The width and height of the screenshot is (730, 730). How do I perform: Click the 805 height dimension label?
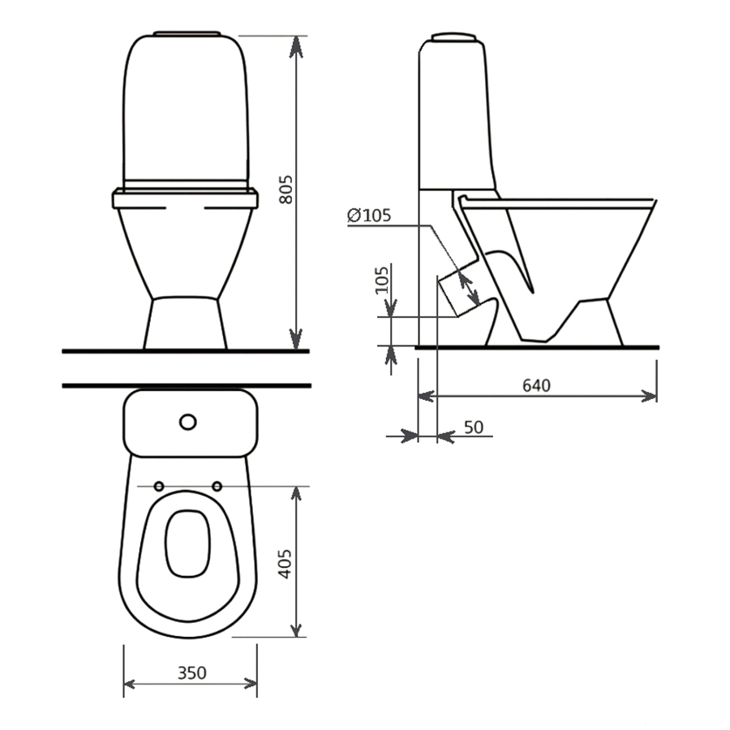click(x=286, y=190)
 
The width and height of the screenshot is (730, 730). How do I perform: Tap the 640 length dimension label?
click(x=536, y=385)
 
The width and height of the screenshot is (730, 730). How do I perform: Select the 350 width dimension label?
click(x=191, y=672)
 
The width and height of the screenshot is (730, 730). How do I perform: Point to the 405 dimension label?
click(x=285, y=564)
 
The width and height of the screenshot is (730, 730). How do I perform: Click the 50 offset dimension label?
click(x=474, y=427)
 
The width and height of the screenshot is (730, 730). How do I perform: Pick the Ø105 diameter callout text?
click(x=369, y=216)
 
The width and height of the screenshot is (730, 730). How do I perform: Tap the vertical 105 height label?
click(x=382, y=280)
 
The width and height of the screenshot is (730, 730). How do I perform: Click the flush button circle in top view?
click(x=188, y=422)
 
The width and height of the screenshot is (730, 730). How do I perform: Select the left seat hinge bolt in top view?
click(x=159, y=487)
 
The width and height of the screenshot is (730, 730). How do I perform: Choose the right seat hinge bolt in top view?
click(x=217, y=487)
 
